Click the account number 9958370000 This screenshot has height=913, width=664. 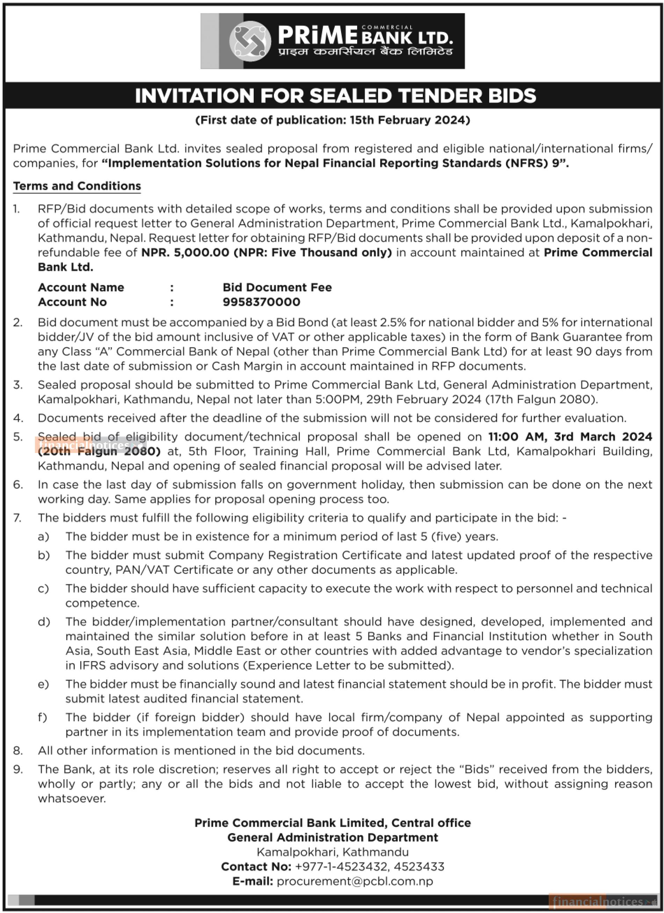(x=261, y=302)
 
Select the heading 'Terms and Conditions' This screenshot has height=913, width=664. (x=77, y=186)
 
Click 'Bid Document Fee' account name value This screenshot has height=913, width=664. (x=277, y=287)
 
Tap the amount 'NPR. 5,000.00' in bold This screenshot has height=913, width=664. (x=185, y=252)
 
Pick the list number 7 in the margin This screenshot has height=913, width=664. (x=18, y=518)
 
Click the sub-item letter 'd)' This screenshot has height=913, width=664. (x=43, y=621)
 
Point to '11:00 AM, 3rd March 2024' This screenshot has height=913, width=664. (x=570, y=437)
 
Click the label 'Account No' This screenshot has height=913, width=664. (x=72, y=302)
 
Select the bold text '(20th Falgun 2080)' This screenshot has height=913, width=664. (x=99, y=451)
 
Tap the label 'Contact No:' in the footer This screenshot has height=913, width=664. (x=256, y=866)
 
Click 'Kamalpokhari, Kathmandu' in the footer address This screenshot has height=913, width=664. (x=332, y=852)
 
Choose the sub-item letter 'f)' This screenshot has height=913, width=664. (x=43, y=717)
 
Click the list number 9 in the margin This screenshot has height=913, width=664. (x=18, y=769)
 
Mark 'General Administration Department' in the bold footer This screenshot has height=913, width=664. (x=332, y=837)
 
